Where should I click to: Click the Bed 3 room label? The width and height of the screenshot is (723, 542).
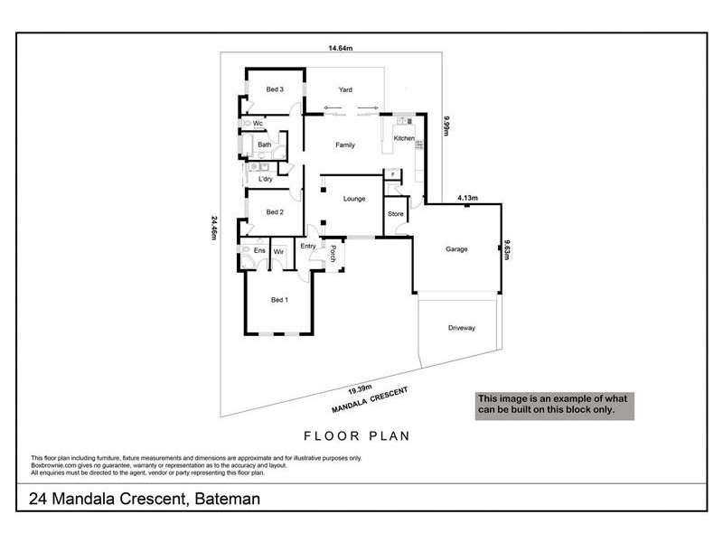275,89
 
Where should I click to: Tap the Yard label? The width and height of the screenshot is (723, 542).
345,89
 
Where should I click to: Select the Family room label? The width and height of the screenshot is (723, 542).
345,145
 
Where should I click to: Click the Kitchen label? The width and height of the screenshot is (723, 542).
404,138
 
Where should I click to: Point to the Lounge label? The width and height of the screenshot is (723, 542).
354,198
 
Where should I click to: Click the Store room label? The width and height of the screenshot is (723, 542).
395,214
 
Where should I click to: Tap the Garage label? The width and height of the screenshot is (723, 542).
457,248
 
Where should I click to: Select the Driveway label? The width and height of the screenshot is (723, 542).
461,328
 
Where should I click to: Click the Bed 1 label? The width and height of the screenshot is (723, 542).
279,299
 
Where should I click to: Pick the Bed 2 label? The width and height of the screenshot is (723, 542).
275,212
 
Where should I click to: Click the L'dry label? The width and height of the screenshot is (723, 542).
266,179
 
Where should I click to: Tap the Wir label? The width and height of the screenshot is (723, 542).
279,250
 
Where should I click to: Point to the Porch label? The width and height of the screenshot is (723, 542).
333,254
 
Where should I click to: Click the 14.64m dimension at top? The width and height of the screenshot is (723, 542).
340,49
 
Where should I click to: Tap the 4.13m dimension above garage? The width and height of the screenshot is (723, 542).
467,197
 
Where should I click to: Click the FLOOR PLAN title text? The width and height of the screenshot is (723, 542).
356,435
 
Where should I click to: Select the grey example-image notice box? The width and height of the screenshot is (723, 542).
556,404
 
